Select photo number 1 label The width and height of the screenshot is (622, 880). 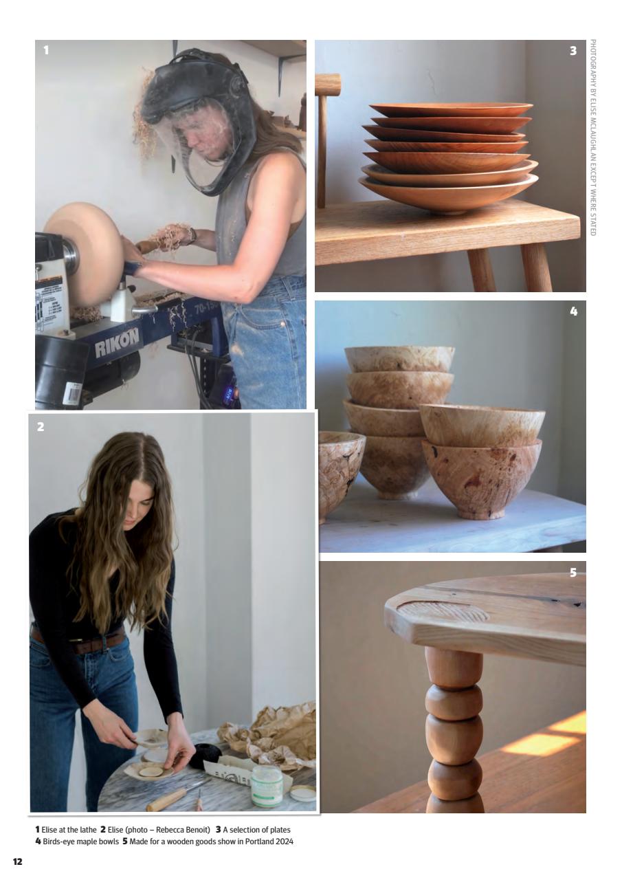45,51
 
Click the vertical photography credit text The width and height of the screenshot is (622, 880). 592,137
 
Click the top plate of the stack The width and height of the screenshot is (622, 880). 451,109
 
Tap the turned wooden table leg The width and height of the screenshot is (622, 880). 454,729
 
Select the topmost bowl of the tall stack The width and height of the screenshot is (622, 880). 399,358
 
